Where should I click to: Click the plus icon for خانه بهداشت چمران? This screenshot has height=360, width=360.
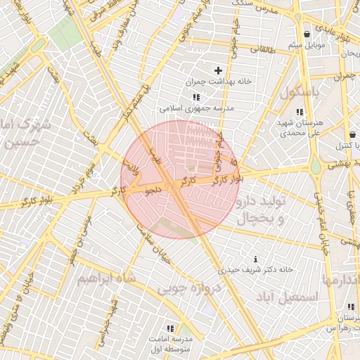pos(218,70)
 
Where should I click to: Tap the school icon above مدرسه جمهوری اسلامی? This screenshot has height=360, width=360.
pos(195,98)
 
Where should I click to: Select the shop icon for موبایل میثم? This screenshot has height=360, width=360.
pos(307,34)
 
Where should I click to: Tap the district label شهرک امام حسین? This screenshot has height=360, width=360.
pos(27,135)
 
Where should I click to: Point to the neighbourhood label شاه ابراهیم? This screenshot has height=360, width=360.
pos(105,279)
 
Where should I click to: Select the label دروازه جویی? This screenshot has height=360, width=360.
pos(189,288)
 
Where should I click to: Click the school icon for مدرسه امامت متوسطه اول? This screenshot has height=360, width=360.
pos(169,328)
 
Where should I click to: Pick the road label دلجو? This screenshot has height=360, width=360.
pos(153,189)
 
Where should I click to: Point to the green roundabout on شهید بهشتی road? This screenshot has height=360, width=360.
pos(316,167)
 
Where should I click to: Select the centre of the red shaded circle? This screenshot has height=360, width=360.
pos(180,179)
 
